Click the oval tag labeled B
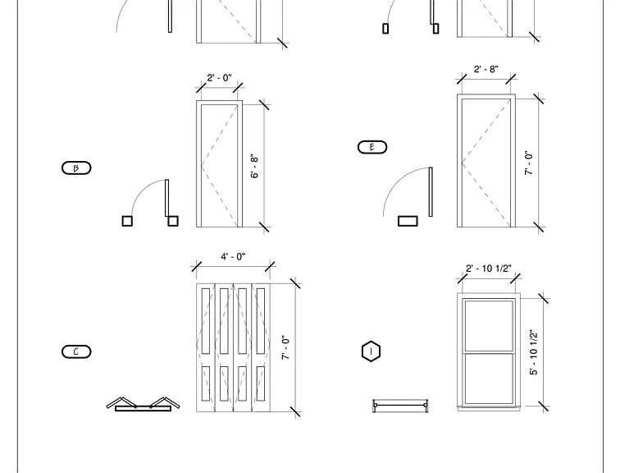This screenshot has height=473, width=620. (76, 168)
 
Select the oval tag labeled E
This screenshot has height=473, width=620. (372, 147)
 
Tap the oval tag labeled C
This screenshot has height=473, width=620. (76, 351)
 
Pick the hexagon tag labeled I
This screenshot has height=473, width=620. (371, 351)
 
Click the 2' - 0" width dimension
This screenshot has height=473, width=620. (220, 77)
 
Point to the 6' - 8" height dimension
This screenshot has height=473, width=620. (255, 167)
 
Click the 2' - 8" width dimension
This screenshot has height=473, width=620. (486, 69)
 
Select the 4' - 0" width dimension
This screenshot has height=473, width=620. (233, 256)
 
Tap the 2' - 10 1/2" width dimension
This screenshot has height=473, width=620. (488, 269)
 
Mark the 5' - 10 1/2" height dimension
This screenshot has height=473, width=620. (534, 352)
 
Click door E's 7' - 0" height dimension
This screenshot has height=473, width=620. (529, 163)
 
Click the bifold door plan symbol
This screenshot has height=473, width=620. (144, 404)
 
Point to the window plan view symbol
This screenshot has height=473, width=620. (400, 406)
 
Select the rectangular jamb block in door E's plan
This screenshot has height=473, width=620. (408, 221)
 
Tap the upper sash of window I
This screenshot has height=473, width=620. (489, 325)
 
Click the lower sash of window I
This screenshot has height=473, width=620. (489, 379)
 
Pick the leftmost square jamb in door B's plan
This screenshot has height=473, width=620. (127, 221)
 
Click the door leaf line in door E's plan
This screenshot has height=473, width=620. (431, 192)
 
